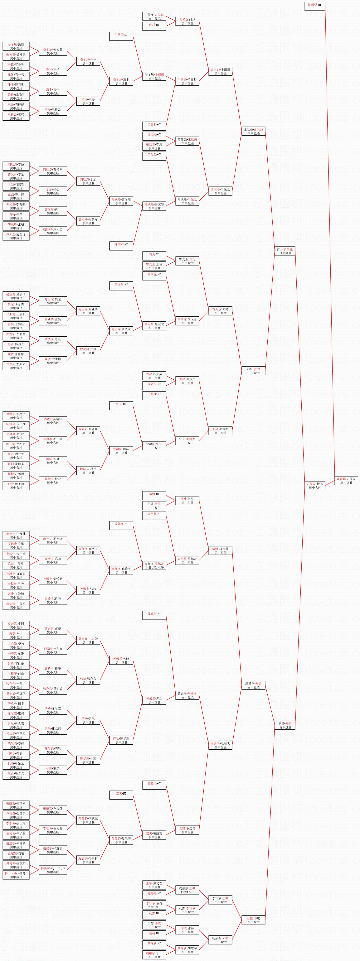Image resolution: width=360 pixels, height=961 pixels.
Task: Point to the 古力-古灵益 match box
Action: point(285,251)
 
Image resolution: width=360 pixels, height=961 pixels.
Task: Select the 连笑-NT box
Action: point(121,794)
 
